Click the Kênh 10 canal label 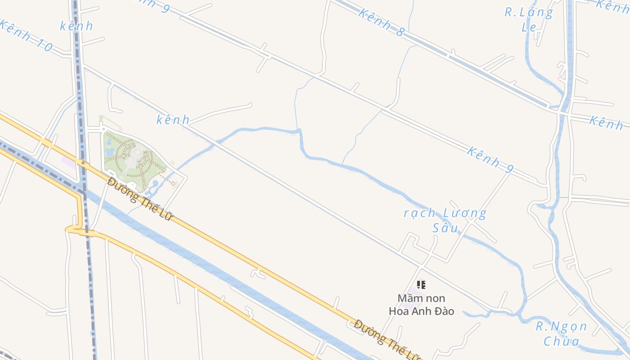point(26,35)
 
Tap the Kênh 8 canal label point(382,22)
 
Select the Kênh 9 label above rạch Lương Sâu point(490,159)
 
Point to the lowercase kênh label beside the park point(173,120)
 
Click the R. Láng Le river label point(529,18)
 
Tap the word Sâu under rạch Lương point(445,228)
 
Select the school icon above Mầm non point(421,284)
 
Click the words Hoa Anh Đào point(421,311)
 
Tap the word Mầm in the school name point(408,298)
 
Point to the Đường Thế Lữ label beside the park point(140,199)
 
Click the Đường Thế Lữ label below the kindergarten point(387,340)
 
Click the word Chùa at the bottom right point(562,341)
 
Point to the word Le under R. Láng point(529,27)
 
